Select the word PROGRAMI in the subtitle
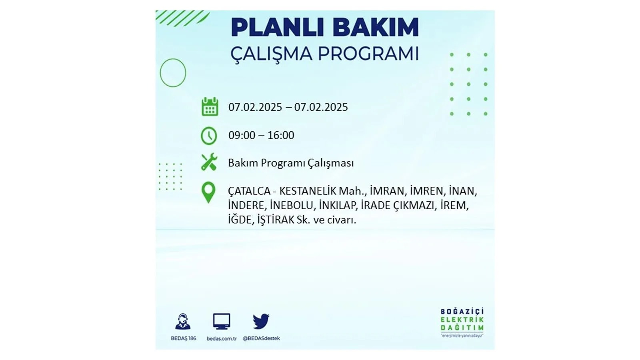coord(368,54)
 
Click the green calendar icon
coord(210,106)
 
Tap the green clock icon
coord(209,136)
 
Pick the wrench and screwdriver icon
coord(209,162)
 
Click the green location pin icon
coord(208,192)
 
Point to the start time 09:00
coord(242,136)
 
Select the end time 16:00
coord(281,136)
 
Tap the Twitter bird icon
coord(261,321)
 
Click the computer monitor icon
coord(222,322)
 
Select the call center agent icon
coord(183,322)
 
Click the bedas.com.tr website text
coord(222,339)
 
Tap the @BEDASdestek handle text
coord(262,338)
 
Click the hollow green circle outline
coord(160,73)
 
